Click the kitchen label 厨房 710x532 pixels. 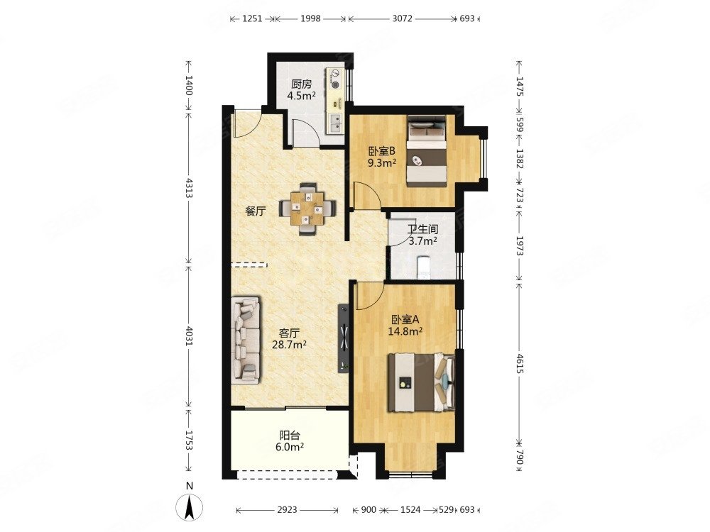302,84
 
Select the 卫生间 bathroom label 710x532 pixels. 423,229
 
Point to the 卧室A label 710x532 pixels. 405,320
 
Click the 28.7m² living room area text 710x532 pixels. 290,345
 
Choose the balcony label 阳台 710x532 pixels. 290,436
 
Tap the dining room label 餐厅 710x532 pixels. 256,211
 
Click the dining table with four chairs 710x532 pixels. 308,208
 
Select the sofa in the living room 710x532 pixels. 246,340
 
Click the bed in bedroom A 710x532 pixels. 421,383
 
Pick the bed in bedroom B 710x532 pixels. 427,151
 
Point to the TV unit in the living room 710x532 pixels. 344,338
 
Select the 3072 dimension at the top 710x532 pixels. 402,18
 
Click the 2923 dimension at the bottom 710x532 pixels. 287,510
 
